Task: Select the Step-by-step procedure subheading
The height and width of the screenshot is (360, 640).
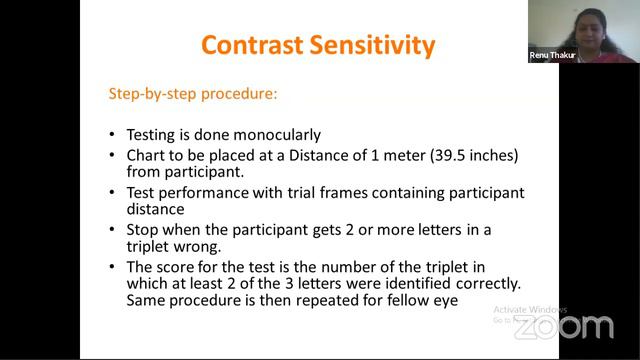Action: [193, 95]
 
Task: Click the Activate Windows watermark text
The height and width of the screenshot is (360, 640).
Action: [530, 309]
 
